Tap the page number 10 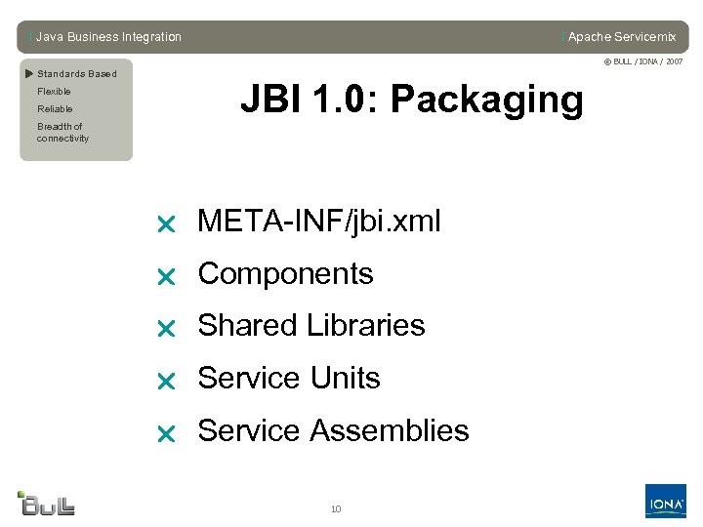pos(336,508)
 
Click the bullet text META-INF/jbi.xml pos(319,223)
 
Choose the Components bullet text pos(285,274)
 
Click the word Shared pos(244,326)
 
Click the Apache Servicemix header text pos(621,37)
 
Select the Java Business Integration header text pos(108,37)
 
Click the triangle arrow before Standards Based pos(29,73)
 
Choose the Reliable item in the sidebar pos(55,109)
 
